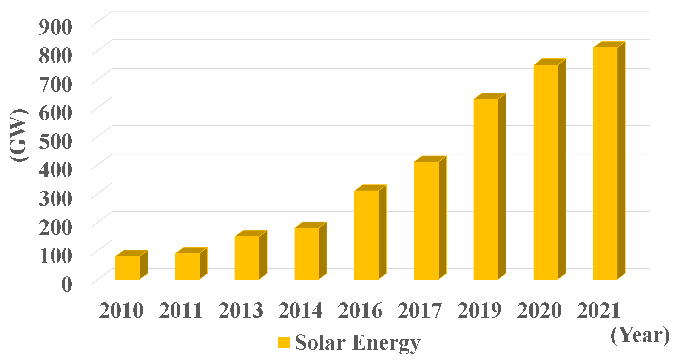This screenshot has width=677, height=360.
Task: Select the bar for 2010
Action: click(x=127, y=268)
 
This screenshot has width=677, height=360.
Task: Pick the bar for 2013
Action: click(x=247, y=258)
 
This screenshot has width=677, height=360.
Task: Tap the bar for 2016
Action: click(x=366, y=235)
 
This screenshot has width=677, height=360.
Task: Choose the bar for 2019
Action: click(x=486, y=189)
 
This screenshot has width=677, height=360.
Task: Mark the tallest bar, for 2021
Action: click(x=605, y=163)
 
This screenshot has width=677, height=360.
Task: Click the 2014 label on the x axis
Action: click(x=300, y=310)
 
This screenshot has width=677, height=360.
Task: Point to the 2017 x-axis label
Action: click(x=420, y=310)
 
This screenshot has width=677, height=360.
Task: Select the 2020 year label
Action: click(x=539, y=310)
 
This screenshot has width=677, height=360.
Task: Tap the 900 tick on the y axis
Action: click(x=56, y=27)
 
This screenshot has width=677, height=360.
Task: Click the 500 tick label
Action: click(x=56, y=141)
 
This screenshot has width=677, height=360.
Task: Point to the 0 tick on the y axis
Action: click(x=67, y=284)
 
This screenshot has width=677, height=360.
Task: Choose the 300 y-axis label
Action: click(x=56, y=198)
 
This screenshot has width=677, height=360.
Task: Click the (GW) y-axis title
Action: click(x=19, y=135)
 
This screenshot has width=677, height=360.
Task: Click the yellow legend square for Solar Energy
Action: click(x=284, y=343)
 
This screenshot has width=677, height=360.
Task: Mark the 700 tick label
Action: click(x=56, y=84)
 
